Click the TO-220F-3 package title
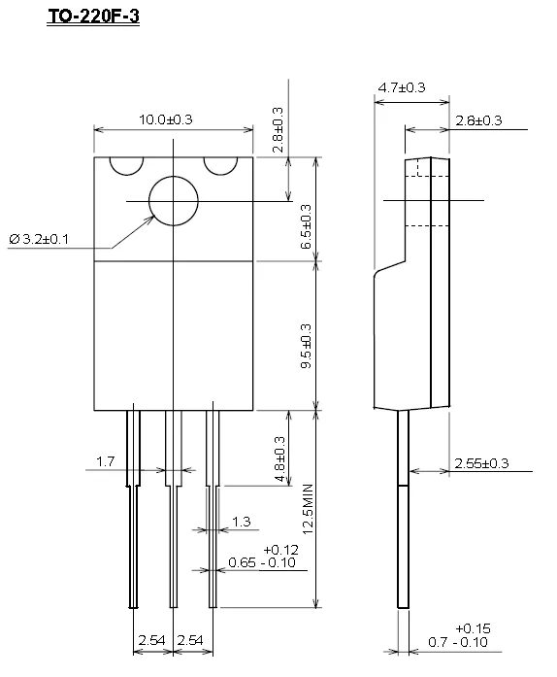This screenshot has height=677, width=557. pos(93,17)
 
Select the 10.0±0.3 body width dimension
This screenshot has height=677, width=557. pos(166,119)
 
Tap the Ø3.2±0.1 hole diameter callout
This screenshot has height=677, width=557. pos(39,239)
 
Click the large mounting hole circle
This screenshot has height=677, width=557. pos(174,176)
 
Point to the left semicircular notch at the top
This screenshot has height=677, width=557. pos(126,175)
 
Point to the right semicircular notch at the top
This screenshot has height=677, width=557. pos(220,175)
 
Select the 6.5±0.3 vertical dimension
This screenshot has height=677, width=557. pos(306,226)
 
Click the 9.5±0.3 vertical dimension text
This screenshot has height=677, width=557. pos(306,346)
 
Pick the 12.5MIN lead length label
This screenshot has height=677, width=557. pos(308,509)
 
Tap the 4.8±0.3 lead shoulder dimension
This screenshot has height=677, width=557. pos(279,459)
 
